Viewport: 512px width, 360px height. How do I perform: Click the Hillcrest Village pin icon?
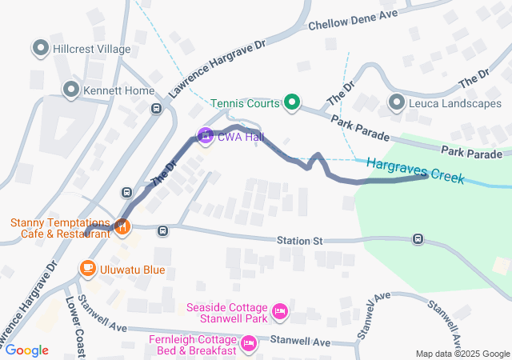click(x=40, y=49)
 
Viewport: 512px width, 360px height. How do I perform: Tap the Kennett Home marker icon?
click(x=71, y=90)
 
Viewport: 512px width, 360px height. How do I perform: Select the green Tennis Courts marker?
click(x=292, y=102)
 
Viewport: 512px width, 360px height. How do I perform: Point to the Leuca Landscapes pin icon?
click(x=397, y=102)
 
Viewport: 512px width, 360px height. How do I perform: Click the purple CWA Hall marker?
click(x=205, y=137)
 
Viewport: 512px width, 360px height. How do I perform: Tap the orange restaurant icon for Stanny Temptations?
click(x=122, y=227)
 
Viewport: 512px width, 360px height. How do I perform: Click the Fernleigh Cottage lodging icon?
click(x=249, y=344)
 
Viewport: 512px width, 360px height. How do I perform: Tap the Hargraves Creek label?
click(x=415, y=170)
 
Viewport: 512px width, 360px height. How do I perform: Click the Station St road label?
click(x=299, y=240)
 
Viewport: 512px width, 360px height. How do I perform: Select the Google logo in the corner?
click(x=26, y=350)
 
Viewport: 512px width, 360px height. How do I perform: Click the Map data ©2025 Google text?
click(x=462, y=354)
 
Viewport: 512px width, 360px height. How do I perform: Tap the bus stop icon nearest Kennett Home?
click(x=156, y=109)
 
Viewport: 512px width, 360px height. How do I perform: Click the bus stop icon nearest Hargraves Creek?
click(x=418, y=239)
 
